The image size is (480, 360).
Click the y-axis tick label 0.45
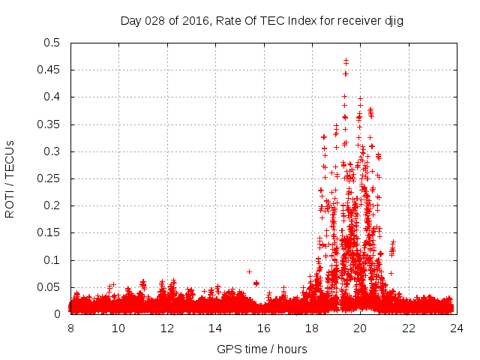tap(50, 70)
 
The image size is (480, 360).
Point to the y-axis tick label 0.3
tap(55, 151)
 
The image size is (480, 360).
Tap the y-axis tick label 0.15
tap(50, 232)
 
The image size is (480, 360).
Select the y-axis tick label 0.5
tap(55, 43)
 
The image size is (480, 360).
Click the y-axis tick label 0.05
tap(50, 287)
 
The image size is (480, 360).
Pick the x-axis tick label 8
tap(70, 328)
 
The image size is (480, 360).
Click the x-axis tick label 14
tap(215, 328)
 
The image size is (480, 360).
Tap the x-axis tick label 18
tap(312, 328)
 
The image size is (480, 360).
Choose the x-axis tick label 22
tap(409, 328)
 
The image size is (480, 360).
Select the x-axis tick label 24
tap(457, 328)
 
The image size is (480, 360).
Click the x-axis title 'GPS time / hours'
tap(262, 349)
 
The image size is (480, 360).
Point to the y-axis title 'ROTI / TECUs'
tap(10, 178)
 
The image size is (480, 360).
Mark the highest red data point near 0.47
tap(346, 61)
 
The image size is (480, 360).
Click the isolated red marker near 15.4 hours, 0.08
tap(250, 271)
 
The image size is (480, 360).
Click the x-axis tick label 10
tap(118, 328)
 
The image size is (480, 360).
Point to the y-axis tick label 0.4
tap(55, 97)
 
